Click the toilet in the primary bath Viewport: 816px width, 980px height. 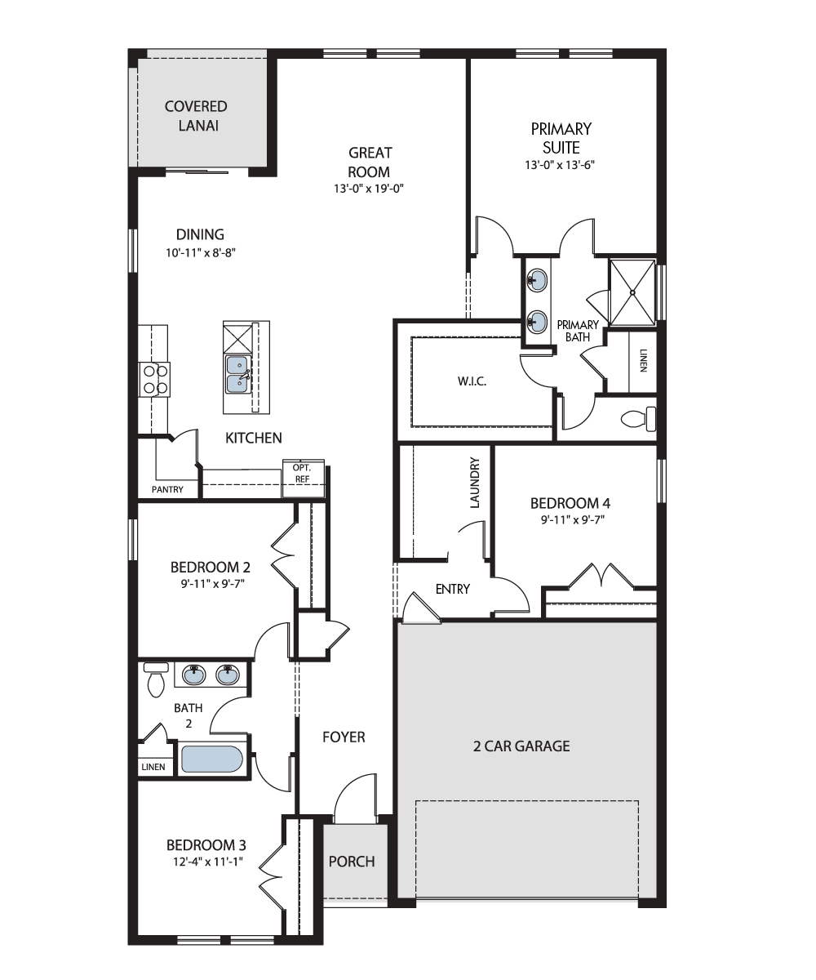tap(638, 419)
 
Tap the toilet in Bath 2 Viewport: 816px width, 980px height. tap(156, 679)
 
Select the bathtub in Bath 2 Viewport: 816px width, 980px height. tap(212, 759)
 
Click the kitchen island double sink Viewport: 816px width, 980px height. tap(238, 375)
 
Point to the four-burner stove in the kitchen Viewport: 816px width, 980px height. tap(154, 380)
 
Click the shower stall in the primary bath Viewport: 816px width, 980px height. tap(632, 292)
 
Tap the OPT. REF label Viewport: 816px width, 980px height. tap(302, 473)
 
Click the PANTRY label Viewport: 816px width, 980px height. tap(167, 489)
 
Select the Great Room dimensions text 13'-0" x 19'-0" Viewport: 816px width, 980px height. tap(369, 189)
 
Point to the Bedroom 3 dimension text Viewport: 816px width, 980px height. tap(208, 862)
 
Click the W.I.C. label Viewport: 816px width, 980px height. tap(472, 381)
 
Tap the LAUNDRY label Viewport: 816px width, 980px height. tap(475, 483)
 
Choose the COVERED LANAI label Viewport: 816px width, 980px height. tap(196, 116)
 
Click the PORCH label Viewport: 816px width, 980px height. tap(352, 862)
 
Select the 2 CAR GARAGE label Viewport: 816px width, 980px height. tap(521, 746)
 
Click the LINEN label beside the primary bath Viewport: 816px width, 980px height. tap(643, 360)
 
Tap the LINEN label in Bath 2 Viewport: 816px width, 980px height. tap(153, 767)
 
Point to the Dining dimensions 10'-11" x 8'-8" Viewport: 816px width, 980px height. tap(200, 253)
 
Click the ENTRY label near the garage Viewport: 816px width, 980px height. tap(453, 589)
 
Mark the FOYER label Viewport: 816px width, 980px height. tap(344, 737)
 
